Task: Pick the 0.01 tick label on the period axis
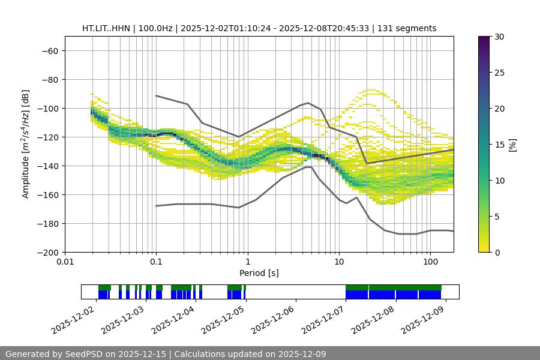coord(65,262)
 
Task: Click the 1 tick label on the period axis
coord(247,262)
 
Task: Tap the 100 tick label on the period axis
coord(430,262)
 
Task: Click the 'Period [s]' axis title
coord(259,273)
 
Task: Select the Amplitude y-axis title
coord(25,144)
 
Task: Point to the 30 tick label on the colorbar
coord(499,37)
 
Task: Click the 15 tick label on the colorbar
coord(499,145)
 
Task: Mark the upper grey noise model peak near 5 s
coord(308,103)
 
